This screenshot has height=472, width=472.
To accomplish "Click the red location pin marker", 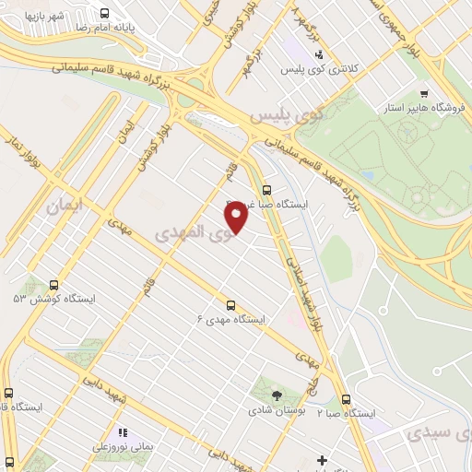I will (237, 216).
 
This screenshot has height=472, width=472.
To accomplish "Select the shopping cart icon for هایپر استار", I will (423, 94).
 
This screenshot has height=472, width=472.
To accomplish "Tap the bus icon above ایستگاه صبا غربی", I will (267, 190).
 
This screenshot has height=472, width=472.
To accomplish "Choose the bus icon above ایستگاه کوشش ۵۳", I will (53, 285).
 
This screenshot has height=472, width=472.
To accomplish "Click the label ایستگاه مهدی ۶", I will (230, 319).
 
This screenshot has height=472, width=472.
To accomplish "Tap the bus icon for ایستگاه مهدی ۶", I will (230, 304).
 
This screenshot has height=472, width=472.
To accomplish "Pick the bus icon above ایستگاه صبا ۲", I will (346, 399).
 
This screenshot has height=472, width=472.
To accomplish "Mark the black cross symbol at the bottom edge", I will (321, 460).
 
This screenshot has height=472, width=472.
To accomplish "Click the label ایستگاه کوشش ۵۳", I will (43, 300).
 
